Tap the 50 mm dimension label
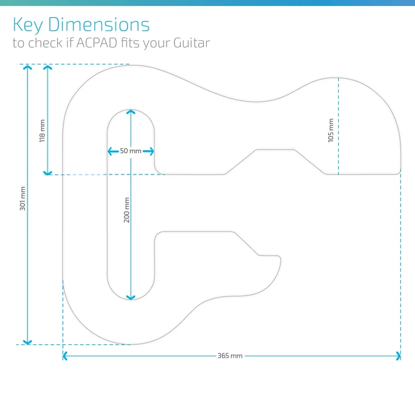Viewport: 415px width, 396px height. (x=130, y=151)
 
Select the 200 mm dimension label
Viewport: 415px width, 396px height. (x=127, y=209)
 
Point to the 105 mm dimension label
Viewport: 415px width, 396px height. (x=331, y=130)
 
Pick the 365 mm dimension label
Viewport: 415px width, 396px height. (x=229, y=356)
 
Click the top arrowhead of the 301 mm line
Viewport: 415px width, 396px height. (x=27, y=67)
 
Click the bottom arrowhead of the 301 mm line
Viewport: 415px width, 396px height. (x=27, y=342)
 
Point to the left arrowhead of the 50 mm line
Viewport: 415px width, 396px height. (x=110, y=151)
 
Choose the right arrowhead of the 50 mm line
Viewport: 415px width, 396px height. (x=151, y=151)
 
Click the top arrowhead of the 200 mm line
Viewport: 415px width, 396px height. (x=131, y=113)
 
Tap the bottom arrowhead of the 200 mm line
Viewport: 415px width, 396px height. (x=131, y=297)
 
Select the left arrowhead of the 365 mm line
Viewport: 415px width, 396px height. (x=65, y=356)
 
